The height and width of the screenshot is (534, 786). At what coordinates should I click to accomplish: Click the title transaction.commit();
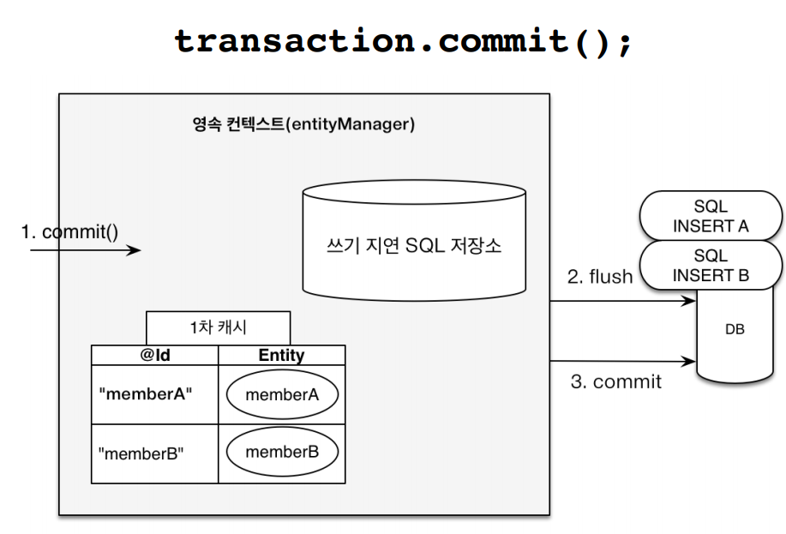point(404,42)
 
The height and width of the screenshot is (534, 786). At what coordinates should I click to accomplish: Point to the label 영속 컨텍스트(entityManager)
point(303,123)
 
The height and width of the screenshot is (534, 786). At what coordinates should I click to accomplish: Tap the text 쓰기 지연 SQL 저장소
point(414,246)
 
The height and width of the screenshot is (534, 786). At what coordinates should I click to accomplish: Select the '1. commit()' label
point(69,231)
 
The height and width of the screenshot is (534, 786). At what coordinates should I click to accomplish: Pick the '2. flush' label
point(600,276)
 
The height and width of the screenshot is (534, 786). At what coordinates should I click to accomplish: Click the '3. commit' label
point(616,381)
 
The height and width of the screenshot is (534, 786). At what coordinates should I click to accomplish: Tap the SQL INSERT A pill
point(711,216)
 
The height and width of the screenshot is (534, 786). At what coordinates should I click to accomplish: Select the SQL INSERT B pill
point(711,265)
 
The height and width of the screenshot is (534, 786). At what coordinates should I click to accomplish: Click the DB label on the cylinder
point(735,329)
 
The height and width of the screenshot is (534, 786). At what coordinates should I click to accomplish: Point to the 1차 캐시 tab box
point(218,328)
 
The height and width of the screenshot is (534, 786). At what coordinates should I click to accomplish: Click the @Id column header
point(155,355)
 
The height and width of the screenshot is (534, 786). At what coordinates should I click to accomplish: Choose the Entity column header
point(282,355)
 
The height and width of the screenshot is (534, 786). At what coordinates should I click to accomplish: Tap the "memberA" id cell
point(155,394)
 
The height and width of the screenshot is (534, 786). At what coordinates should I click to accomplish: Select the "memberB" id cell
point(155,453)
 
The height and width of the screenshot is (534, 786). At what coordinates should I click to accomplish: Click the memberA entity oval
point(282,394)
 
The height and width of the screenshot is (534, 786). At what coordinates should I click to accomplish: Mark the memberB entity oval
point(282,452)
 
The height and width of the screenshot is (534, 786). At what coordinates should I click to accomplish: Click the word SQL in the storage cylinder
point(425,246)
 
